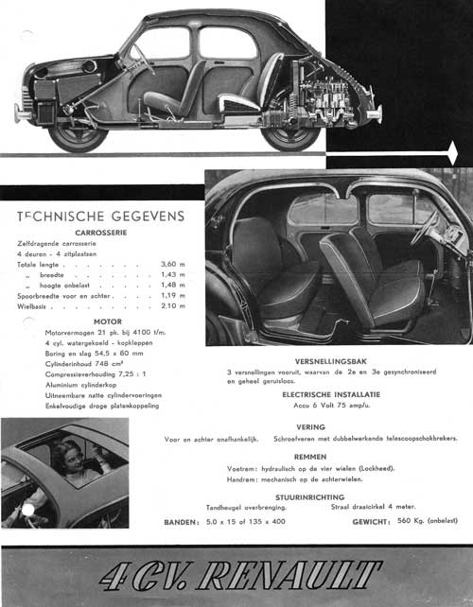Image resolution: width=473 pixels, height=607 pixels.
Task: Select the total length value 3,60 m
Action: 171,265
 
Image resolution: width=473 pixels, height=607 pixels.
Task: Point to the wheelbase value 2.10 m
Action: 171,305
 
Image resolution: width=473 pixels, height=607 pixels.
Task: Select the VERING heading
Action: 310,426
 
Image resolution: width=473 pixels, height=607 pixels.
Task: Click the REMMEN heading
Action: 310,456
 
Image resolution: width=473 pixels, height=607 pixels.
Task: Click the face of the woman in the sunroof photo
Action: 72,452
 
